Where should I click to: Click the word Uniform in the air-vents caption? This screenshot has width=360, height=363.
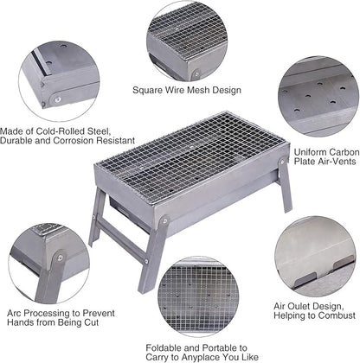pyautogui.click(x=310, y=152)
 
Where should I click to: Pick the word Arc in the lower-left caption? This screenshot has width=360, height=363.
pyautogui.click(x=14, y=313)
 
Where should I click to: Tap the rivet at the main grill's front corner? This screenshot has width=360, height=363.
pyautogui.click(x=164, y=221)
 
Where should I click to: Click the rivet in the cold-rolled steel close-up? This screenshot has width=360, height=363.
pyautogui.click(x=57, y=99)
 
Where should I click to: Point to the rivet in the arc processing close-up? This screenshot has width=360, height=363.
pyautogui.click(x=61, y=258)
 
